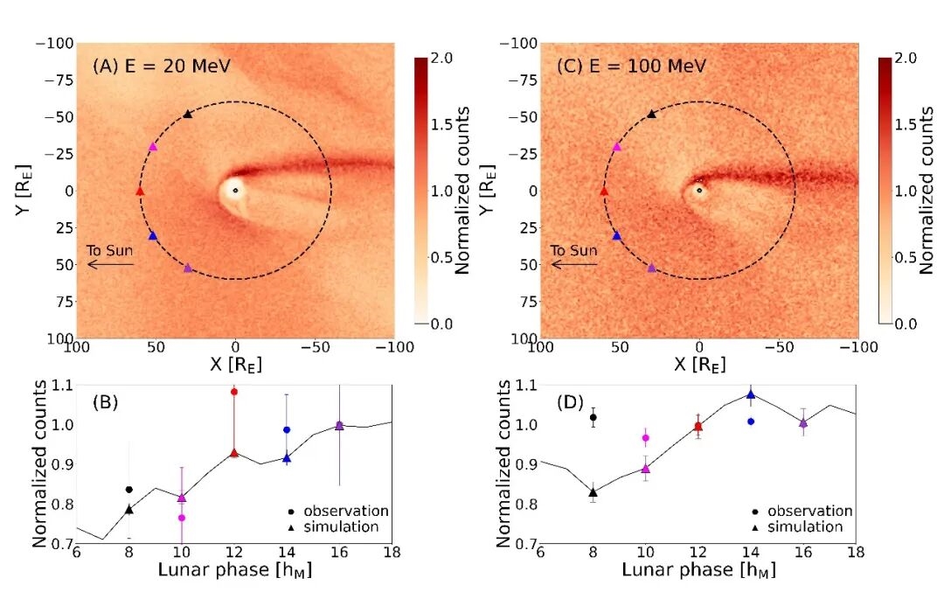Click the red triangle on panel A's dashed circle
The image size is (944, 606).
click(140, 191)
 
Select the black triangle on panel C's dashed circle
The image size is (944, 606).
click(651, 114)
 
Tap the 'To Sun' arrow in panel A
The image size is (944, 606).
click(110, 263)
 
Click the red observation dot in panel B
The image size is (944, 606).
click(234, 392)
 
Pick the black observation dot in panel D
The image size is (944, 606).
click(593, 417)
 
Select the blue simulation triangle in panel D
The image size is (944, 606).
click(751, 394)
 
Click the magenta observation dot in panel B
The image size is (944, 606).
click(182, 518)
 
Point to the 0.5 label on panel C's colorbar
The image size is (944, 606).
click(909, 257)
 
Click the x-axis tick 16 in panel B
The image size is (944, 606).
click(339, 553)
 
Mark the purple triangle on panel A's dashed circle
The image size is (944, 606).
click(188, 268)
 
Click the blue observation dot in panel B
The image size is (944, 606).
click(287, 429)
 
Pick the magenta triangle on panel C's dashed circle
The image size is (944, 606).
click(617, 147)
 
